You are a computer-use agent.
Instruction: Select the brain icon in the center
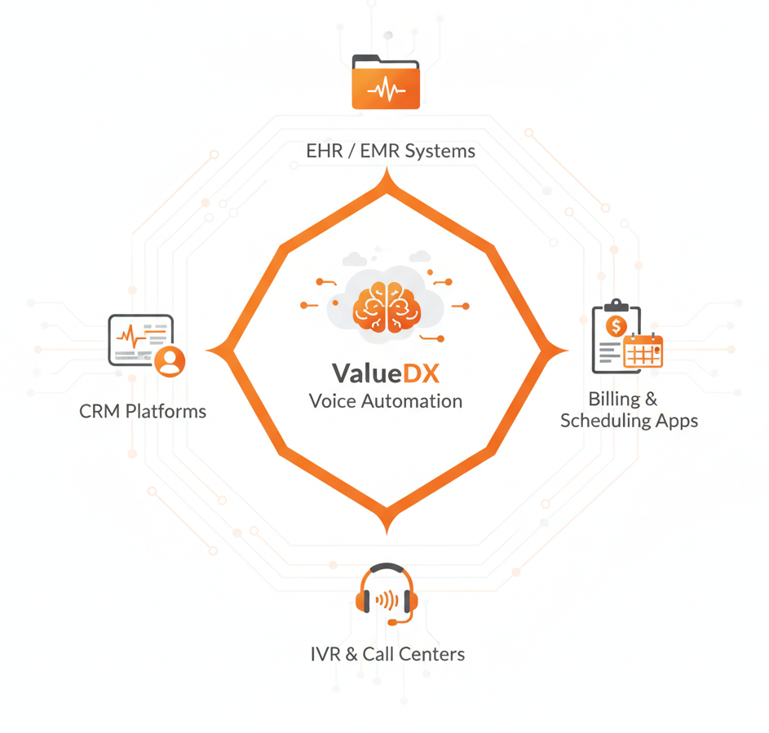pos(387,307)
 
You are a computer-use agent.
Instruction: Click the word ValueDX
pos(386,373)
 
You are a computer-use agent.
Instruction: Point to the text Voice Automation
pos(386,401)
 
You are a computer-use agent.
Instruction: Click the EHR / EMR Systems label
pos(391,152)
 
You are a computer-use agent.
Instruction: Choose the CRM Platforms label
pos(143,411)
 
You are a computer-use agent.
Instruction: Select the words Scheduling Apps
pos(629,421)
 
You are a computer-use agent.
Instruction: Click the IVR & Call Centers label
pos(388,654)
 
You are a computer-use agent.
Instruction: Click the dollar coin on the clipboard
pos(616,326)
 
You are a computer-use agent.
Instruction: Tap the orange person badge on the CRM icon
pos(170,360)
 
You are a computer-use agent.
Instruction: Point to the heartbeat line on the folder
pos(386,91)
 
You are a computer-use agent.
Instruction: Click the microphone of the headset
pos(394,622)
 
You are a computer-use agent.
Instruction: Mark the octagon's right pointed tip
pos(564,351)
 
